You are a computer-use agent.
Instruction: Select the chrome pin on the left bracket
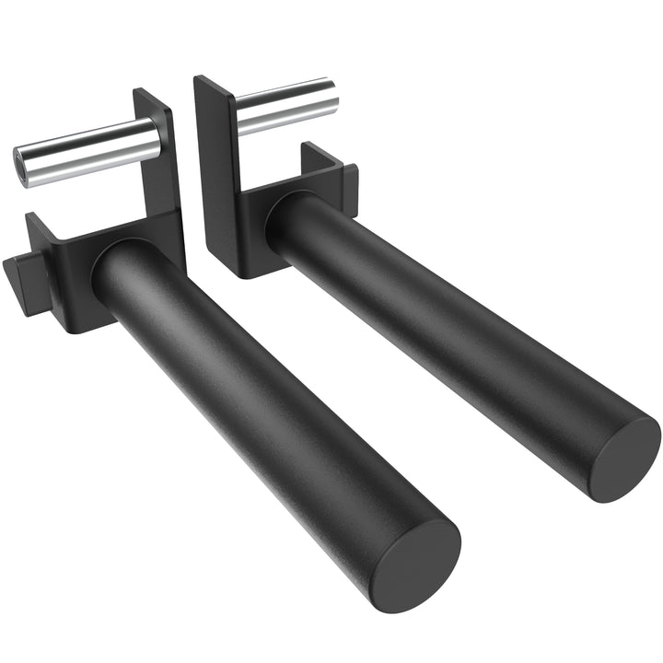[x=87, y=152]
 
